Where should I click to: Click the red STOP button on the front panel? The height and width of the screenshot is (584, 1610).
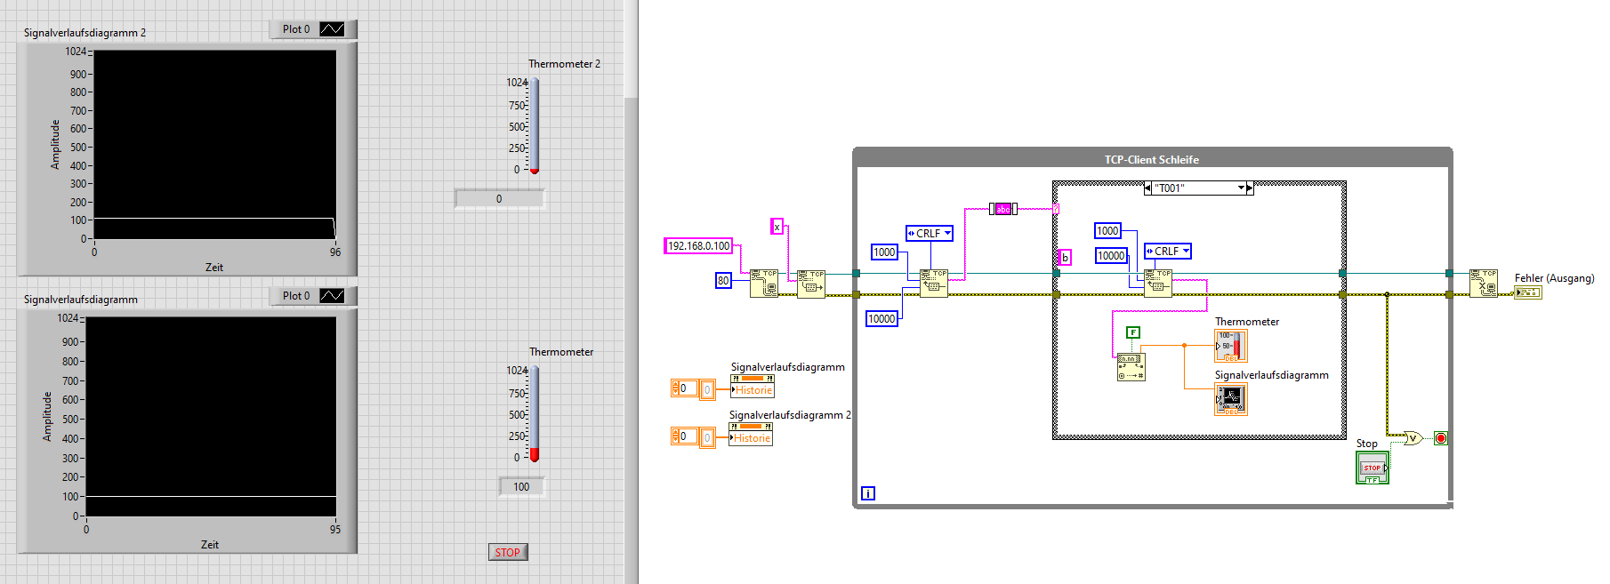pos(507,552)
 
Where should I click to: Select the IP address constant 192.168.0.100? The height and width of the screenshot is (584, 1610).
pos(698,246)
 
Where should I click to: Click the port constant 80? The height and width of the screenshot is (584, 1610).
pos(723,281)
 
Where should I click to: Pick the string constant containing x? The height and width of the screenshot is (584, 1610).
pos(777,227)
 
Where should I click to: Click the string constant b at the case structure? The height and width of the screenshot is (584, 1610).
pos(1065,258)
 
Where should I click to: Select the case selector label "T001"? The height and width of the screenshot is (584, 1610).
pos(1197,188)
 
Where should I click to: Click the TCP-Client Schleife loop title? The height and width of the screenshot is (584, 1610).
pos(1151,160)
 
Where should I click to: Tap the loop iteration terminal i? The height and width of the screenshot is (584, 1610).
pos(868,493)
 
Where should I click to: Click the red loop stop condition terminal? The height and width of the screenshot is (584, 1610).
pos(1440,438)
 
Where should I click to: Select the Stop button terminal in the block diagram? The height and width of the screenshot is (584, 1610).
pos(1372,468)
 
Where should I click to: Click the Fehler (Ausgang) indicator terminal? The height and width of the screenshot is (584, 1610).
pos(1528,292)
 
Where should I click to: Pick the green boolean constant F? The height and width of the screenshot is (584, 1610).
pos(1132,332)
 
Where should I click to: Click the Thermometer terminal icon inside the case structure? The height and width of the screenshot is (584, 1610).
pos(1231,345)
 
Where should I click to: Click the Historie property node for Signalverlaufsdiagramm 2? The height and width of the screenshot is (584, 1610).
pos(752,438)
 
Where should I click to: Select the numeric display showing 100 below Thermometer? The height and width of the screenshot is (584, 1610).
pos(521,486)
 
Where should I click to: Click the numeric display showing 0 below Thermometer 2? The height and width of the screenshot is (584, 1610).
pos(499,198)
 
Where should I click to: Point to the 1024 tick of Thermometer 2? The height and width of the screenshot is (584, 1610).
pos(517,83)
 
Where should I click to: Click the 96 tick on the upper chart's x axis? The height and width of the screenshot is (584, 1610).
pos(335,252)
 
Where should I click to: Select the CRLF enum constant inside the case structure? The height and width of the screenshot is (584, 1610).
pos(1167,252)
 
